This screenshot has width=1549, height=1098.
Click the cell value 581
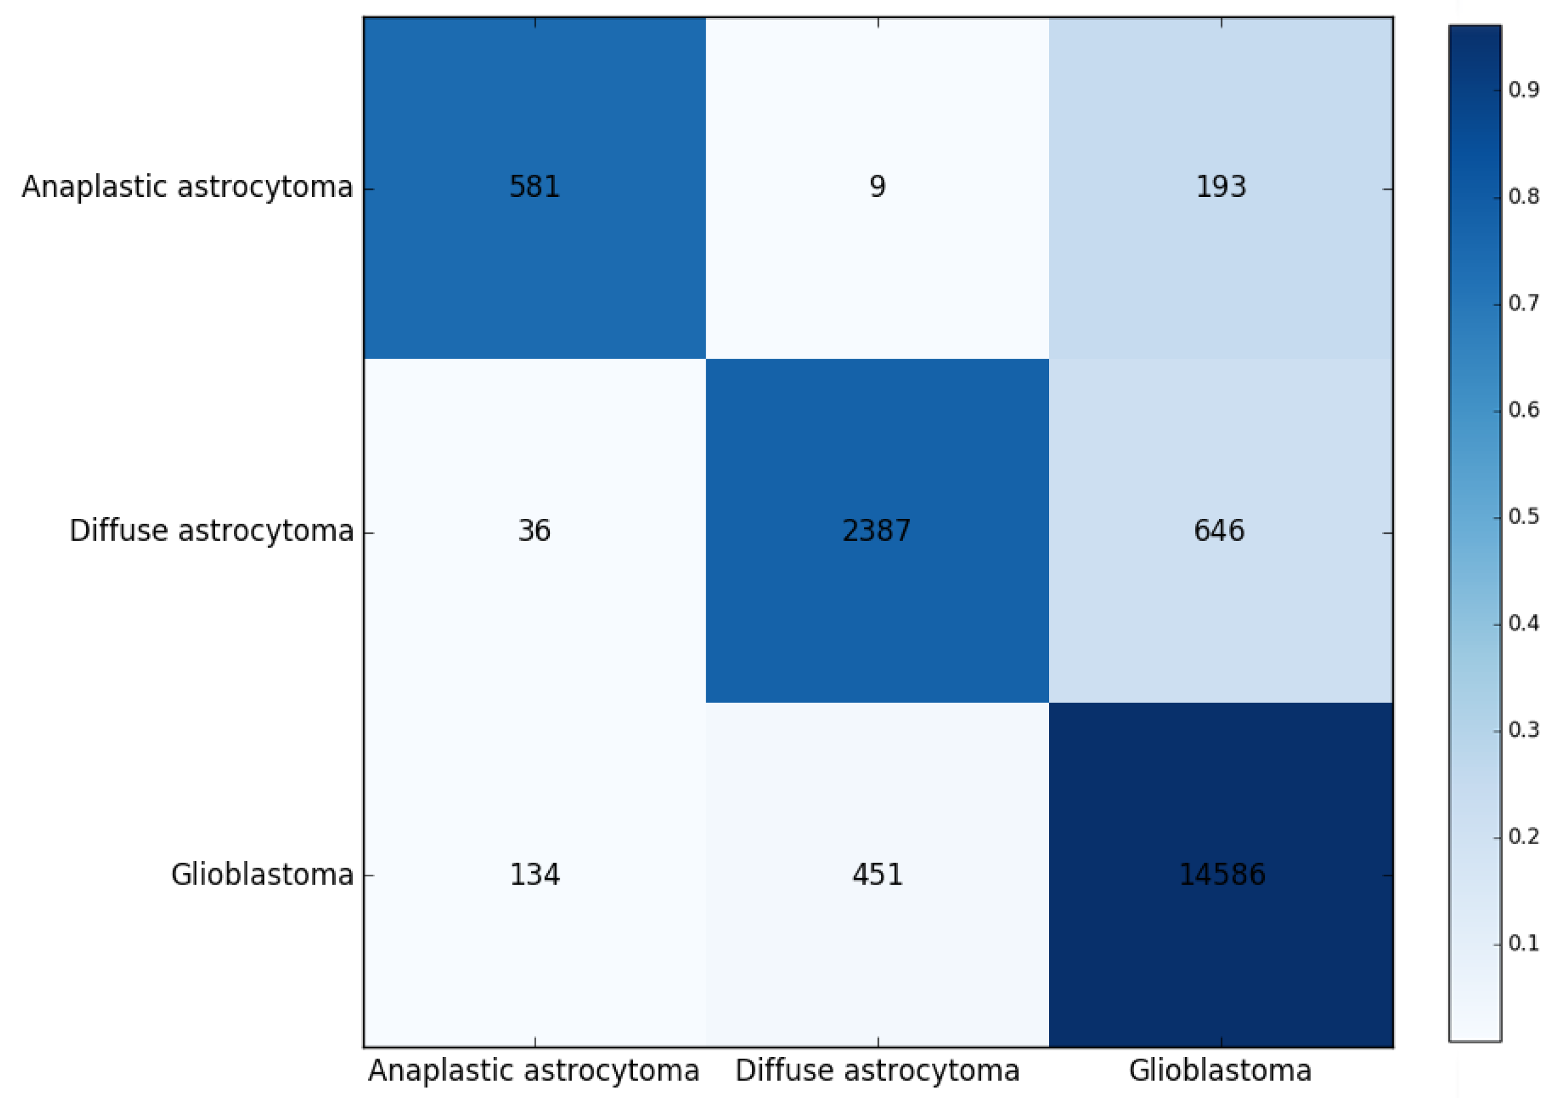pos(535,186)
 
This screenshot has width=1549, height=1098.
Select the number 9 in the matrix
pos(877,186)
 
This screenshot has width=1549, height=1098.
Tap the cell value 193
pos(1221,186)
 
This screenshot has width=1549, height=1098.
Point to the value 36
pos(534,530)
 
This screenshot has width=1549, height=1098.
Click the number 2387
pos(877,530)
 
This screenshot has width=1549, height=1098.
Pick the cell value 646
pos(1219,530)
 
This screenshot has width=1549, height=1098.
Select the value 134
pos(535,875)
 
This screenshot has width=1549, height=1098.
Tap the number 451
pos(877,875)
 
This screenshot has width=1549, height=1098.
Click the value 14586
pos(1222,875)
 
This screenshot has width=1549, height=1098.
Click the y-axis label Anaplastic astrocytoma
pos(187,187)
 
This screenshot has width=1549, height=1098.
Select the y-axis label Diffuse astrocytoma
pos(212,531)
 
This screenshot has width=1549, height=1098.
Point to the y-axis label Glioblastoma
pos(262,875)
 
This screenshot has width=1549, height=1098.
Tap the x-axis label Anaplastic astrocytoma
pos(534,1071)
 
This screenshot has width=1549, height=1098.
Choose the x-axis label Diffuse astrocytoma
pos(877,1071)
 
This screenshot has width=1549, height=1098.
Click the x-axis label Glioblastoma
pos(1221,1071)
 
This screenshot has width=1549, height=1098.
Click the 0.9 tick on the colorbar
pos(1524,90)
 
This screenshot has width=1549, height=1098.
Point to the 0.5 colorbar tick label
pos(1524,516)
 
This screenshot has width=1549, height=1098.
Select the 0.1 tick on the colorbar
pos(1524,943)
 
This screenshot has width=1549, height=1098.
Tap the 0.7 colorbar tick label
pos(1524,304)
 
